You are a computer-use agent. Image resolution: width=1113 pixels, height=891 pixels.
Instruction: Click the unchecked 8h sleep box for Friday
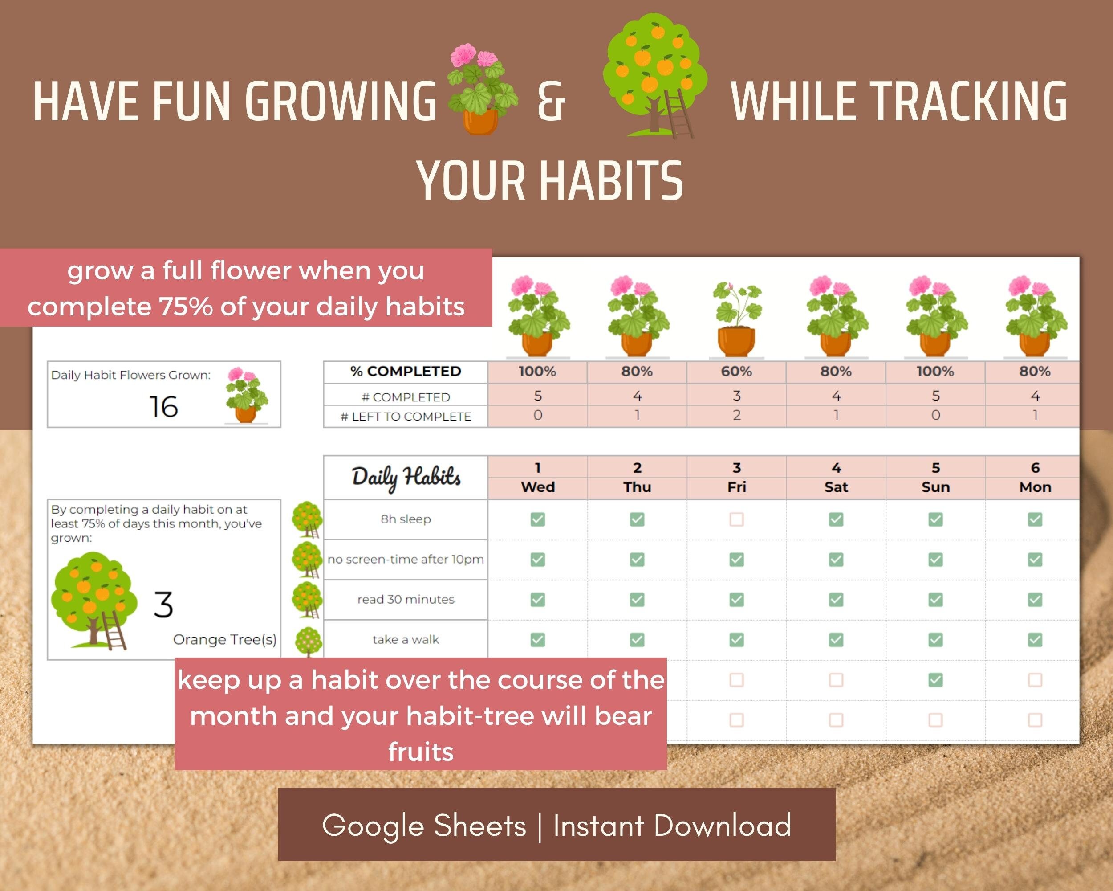click(737, 519)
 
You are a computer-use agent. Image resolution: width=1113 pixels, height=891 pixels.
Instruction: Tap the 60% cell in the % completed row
click(736, 372)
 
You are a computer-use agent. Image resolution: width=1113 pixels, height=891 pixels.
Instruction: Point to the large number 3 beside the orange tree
click(163, 605)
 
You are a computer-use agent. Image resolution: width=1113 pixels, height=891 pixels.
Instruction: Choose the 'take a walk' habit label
click(406, 639)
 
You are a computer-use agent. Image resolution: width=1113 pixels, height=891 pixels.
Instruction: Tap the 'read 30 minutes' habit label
click(406, 599)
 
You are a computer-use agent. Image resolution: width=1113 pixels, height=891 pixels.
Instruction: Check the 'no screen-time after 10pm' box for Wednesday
click(537, 560)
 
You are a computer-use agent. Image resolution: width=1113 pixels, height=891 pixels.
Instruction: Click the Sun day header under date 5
click(935, 487)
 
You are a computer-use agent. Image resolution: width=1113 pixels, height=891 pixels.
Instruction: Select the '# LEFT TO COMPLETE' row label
click(406, 416)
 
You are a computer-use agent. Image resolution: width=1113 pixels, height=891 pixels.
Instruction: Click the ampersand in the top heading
click(551, 102)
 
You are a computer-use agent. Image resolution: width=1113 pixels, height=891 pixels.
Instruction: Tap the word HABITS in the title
click(611, 181)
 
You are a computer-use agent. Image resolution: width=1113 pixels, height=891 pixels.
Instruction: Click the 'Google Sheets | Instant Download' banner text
click(556, 825)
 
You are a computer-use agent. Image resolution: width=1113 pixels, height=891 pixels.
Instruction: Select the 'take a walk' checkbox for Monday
click(1035, 639)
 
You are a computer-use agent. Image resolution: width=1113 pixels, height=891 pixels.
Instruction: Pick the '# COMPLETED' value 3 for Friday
click(737, 396)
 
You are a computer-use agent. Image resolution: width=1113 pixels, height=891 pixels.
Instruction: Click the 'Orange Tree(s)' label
click(224, 639)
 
